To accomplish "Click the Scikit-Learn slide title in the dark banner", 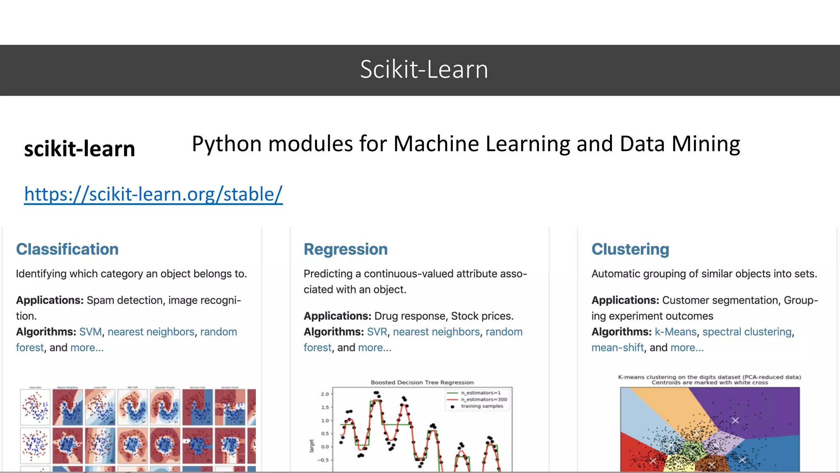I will [424, 69].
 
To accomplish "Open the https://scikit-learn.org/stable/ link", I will [153, 194].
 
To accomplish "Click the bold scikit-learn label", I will [80, 149].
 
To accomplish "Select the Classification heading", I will [67, 249].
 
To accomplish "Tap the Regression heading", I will [345, 249].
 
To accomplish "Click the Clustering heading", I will [630, 249].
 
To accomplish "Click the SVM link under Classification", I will [90, 332].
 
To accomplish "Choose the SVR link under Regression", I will [377, 332].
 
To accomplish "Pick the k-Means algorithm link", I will [676, 332].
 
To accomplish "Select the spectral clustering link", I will [747, 332].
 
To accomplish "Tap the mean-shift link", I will [617, 348].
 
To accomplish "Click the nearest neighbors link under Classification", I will [151, 332].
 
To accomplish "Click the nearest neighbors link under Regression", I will [436, 332].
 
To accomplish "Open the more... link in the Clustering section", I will [687, 348].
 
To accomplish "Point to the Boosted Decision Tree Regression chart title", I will [422, 382].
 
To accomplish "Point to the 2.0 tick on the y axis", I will [325, 394].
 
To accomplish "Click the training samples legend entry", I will [482, 406].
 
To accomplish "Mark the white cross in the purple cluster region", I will [735, 420].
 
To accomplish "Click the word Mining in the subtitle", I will [705, 144].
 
